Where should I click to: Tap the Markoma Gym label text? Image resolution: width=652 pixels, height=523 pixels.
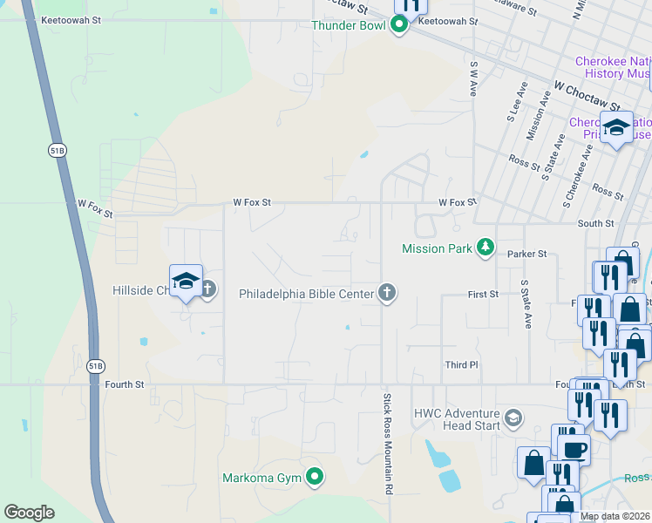261,478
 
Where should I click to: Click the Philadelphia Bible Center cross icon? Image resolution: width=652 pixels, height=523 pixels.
387,294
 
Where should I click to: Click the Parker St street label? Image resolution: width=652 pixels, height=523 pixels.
529,254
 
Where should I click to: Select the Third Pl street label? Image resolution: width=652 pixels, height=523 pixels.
462,365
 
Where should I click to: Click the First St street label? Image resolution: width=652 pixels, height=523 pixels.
482,295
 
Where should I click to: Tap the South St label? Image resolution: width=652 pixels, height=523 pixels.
597,224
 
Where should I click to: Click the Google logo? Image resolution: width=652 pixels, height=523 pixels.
29,513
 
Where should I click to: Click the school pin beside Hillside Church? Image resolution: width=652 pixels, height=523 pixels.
186,281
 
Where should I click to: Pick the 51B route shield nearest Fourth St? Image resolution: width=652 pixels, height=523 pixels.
95,366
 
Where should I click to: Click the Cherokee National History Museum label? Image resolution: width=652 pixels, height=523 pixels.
613,67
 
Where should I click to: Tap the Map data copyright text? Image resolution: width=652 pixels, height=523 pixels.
615,516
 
